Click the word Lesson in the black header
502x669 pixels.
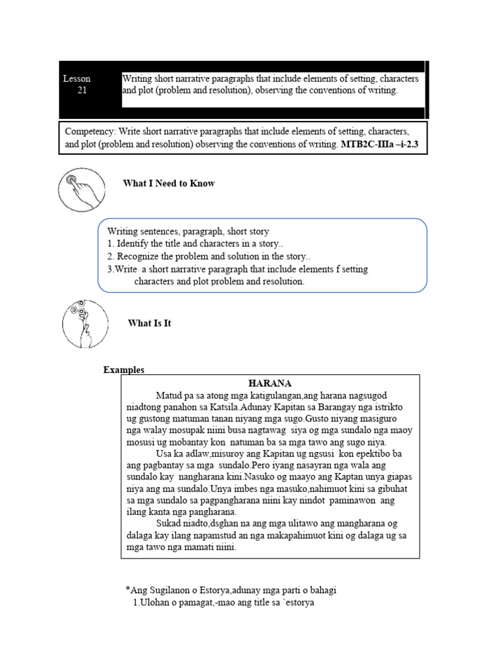coord(76,79)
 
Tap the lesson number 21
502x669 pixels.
coord(82,91)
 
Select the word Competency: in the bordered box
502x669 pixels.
coord(90,131)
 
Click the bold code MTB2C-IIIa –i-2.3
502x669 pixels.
coord(383,144)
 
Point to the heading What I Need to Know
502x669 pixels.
coord(169,184)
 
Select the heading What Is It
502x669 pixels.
coord(150,323)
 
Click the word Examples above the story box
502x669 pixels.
coord(124,370)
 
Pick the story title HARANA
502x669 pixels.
coord(270,383)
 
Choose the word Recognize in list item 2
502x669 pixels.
coord(139,256)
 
